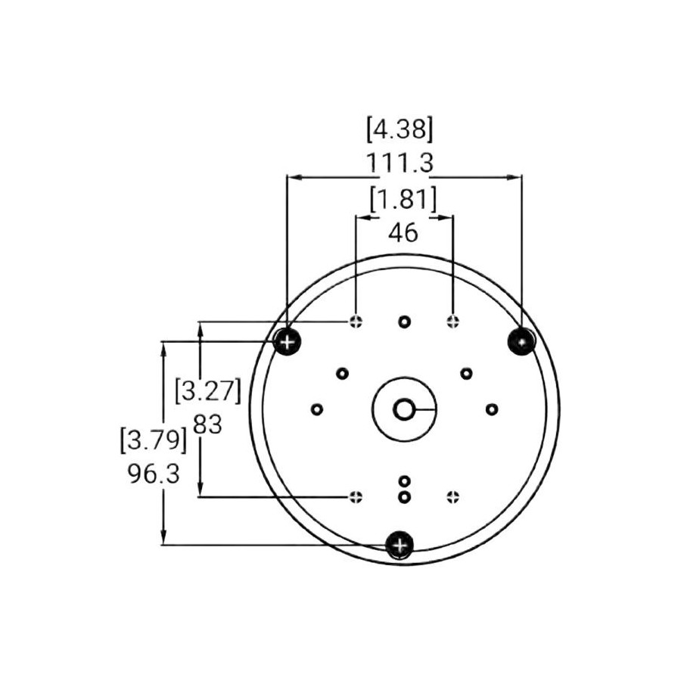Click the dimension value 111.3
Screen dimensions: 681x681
(404, 163)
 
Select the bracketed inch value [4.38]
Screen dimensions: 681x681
(400, 129)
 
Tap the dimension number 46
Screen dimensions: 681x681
(403, 232)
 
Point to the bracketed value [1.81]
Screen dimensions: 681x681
(403, 200)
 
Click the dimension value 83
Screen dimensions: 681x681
(207, 424)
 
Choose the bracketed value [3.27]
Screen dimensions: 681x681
(207, 392)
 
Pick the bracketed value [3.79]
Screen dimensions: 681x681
(154, 440)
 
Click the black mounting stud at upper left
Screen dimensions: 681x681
(287, 342)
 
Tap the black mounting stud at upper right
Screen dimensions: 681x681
(522, 341)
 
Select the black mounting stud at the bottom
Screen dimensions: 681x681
(400, 545)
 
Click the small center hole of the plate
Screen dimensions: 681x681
(404, 409)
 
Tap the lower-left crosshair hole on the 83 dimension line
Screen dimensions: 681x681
(356, 496)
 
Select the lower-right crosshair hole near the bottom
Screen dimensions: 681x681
(452, 496)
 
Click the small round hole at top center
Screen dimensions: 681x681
(405, 322)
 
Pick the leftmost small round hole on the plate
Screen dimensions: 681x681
(317, 409)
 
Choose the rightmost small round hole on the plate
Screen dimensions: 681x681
(492, 409)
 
